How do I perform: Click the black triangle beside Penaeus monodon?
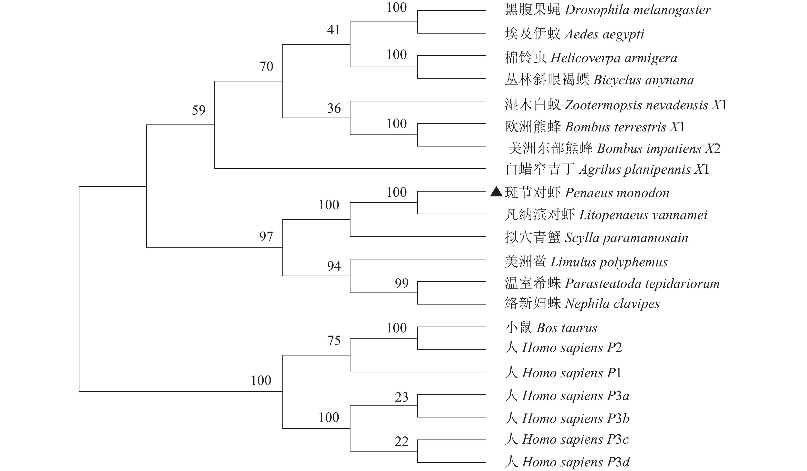pos(496,192)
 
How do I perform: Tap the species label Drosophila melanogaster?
pos(607,10)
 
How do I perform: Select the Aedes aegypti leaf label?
pos(574,34)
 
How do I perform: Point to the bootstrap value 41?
pos(333,30)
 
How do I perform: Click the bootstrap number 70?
pos(266,67)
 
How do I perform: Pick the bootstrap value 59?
pos(199,110)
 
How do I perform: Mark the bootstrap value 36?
pos(334,109)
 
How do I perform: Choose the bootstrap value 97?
pos(266,237)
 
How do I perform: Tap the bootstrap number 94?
pos(334,266)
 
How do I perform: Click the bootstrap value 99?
pos(402,283)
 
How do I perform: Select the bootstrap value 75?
pos(334,341)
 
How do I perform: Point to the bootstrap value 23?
pos(402,397)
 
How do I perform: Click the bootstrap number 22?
pos(402,442)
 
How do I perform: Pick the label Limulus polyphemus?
pos(586,262)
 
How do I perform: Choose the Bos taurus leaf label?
pos(551,328)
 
